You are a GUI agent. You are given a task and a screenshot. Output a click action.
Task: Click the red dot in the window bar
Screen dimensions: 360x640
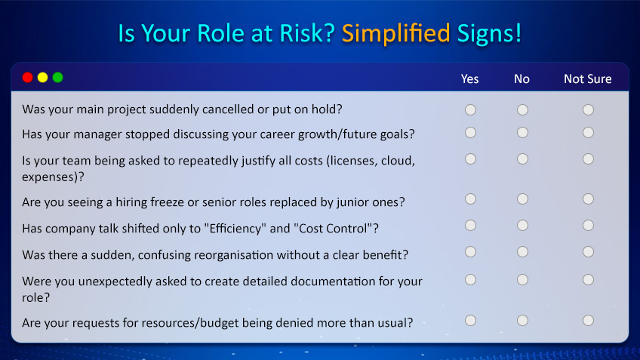28,77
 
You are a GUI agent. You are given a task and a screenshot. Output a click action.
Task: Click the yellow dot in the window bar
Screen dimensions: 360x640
43,77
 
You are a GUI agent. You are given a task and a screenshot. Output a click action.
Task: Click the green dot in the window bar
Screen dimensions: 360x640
58,77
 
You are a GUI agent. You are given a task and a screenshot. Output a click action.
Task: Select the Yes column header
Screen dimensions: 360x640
469,78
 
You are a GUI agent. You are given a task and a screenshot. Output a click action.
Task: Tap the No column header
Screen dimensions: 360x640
522,78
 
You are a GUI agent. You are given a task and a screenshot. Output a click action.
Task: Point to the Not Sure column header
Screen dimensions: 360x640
587,78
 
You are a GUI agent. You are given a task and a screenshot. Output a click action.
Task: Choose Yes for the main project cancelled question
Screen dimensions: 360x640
470,109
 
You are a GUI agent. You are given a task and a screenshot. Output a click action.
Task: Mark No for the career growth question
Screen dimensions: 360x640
522,133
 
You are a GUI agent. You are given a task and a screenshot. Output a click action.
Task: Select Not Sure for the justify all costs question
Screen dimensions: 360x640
588,158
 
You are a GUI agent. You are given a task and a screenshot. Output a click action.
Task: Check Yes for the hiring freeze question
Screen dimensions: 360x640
470,198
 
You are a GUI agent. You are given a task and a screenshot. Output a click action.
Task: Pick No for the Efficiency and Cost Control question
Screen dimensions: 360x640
522,225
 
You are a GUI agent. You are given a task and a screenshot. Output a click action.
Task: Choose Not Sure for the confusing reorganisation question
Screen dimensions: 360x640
588,251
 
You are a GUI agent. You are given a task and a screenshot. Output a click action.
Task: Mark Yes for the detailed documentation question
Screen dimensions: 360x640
470,279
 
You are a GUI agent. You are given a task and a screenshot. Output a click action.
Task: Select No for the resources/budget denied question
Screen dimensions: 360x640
522,320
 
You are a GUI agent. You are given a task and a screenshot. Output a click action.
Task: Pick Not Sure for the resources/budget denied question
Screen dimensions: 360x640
588,320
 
